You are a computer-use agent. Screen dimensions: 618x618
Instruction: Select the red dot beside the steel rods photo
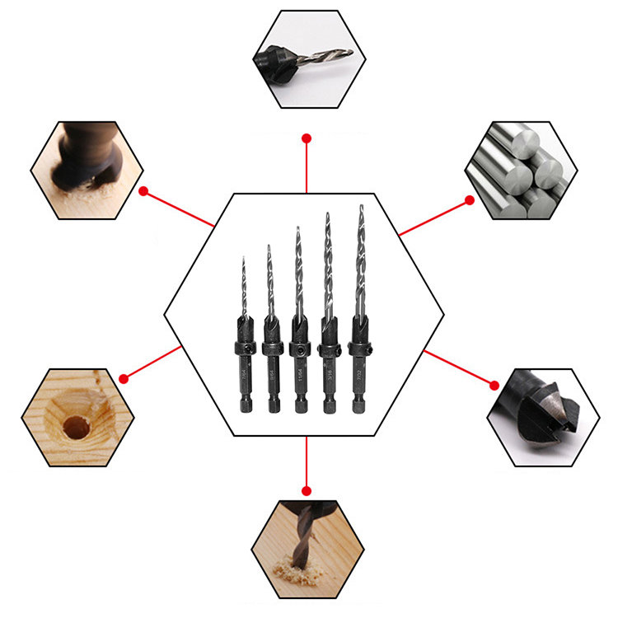tap(469, 199)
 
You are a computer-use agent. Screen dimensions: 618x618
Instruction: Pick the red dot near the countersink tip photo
tap(494, 384)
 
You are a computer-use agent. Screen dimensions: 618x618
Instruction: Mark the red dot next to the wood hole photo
tap(124, 378)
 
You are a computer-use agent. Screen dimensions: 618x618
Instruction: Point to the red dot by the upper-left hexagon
tap(143, 192)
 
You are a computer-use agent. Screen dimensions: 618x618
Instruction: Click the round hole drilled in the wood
tap(76, 427)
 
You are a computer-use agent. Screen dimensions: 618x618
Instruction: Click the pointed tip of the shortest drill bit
tap(244, 258)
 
